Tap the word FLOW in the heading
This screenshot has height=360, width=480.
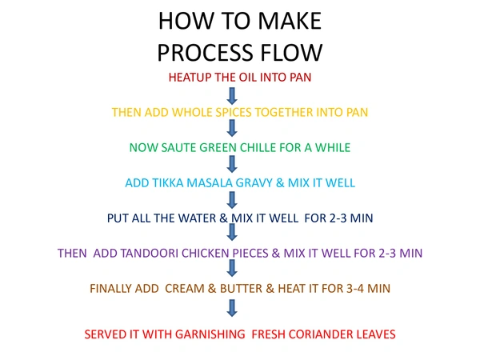[x=293, y=52]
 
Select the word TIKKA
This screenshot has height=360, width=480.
[x=170, y=183]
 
